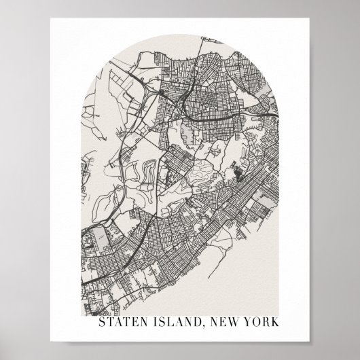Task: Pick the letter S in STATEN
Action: point(103,321)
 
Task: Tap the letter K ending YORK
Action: point(275,321)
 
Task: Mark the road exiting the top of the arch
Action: point(202,42)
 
